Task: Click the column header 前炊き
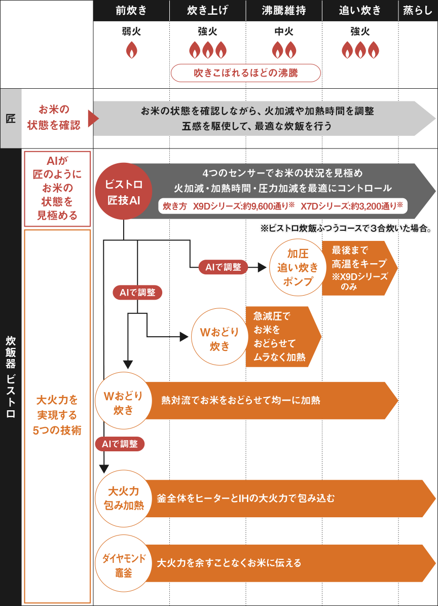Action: (x=131, y=10)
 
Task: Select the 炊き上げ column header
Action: (x=207, y=10)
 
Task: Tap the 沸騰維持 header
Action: (x=283, y=10)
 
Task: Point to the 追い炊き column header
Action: (x=359, y=10)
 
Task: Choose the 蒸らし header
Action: (x=418, y=10)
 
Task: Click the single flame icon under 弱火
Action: (x=131, y=50)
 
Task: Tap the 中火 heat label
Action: (x=284, y=32)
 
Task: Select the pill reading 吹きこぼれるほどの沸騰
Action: (x=246, y=73)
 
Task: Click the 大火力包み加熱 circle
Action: (x=123, y=498)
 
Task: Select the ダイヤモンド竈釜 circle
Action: (x=123, y=563)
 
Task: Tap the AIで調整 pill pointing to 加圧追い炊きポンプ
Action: (x=223, y=267)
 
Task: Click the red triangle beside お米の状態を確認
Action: (x=92, y=119)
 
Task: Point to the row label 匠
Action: (x=11, y=119)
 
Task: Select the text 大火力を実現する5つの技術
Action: (x=57, y=415)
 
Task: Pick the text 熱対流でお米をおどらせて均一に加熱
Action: (x=241, y=400)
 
